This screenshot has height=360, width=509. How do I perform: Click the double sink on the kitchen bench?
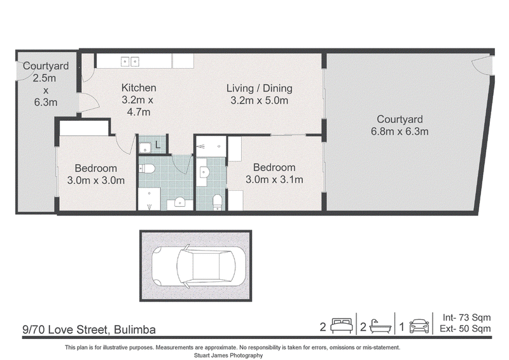[x=130, y=61]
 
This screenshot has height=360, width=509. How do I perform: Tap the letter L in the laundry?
[x=158, y=145]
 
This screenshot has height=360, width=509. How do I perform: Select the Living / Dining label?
[x=259, y=88]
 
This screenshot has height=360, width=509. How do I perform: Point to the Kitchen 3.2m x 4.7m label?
[x=138, y=100]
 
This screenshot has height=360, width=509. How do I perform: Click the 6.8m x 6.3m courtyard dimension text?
[x=400, y=132]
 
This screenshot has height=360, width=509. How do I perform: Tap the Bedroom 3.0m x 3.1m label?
[x=274, y=174]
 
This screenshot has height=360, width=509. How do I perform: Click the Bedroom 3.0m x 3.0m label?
[x=96, y=174]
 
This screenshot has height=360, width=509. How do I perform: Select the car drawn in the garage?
[x=199, y=266]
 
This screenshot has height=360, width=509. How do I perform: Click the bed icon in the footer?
[x=342, y=326]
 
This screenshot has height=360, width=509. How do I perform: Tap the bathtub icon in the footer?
[x=380, y=326]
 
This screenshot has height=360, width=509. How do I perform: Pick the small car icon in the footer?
[x=419, y=326]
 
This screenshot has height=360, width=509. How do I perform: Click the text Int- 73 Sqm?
[x=466, y=317]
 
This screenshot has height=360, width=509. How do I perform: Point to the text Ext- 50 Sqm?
[x=465, y=328]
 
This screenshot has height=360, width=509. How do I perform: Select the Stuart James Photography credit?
[x=228, y=356]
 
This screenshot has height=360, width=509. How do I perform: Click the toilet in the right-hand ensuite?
[x=217, y=202]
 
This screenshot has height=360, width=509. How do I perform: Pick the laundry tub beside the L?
[x=145, y=148]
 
